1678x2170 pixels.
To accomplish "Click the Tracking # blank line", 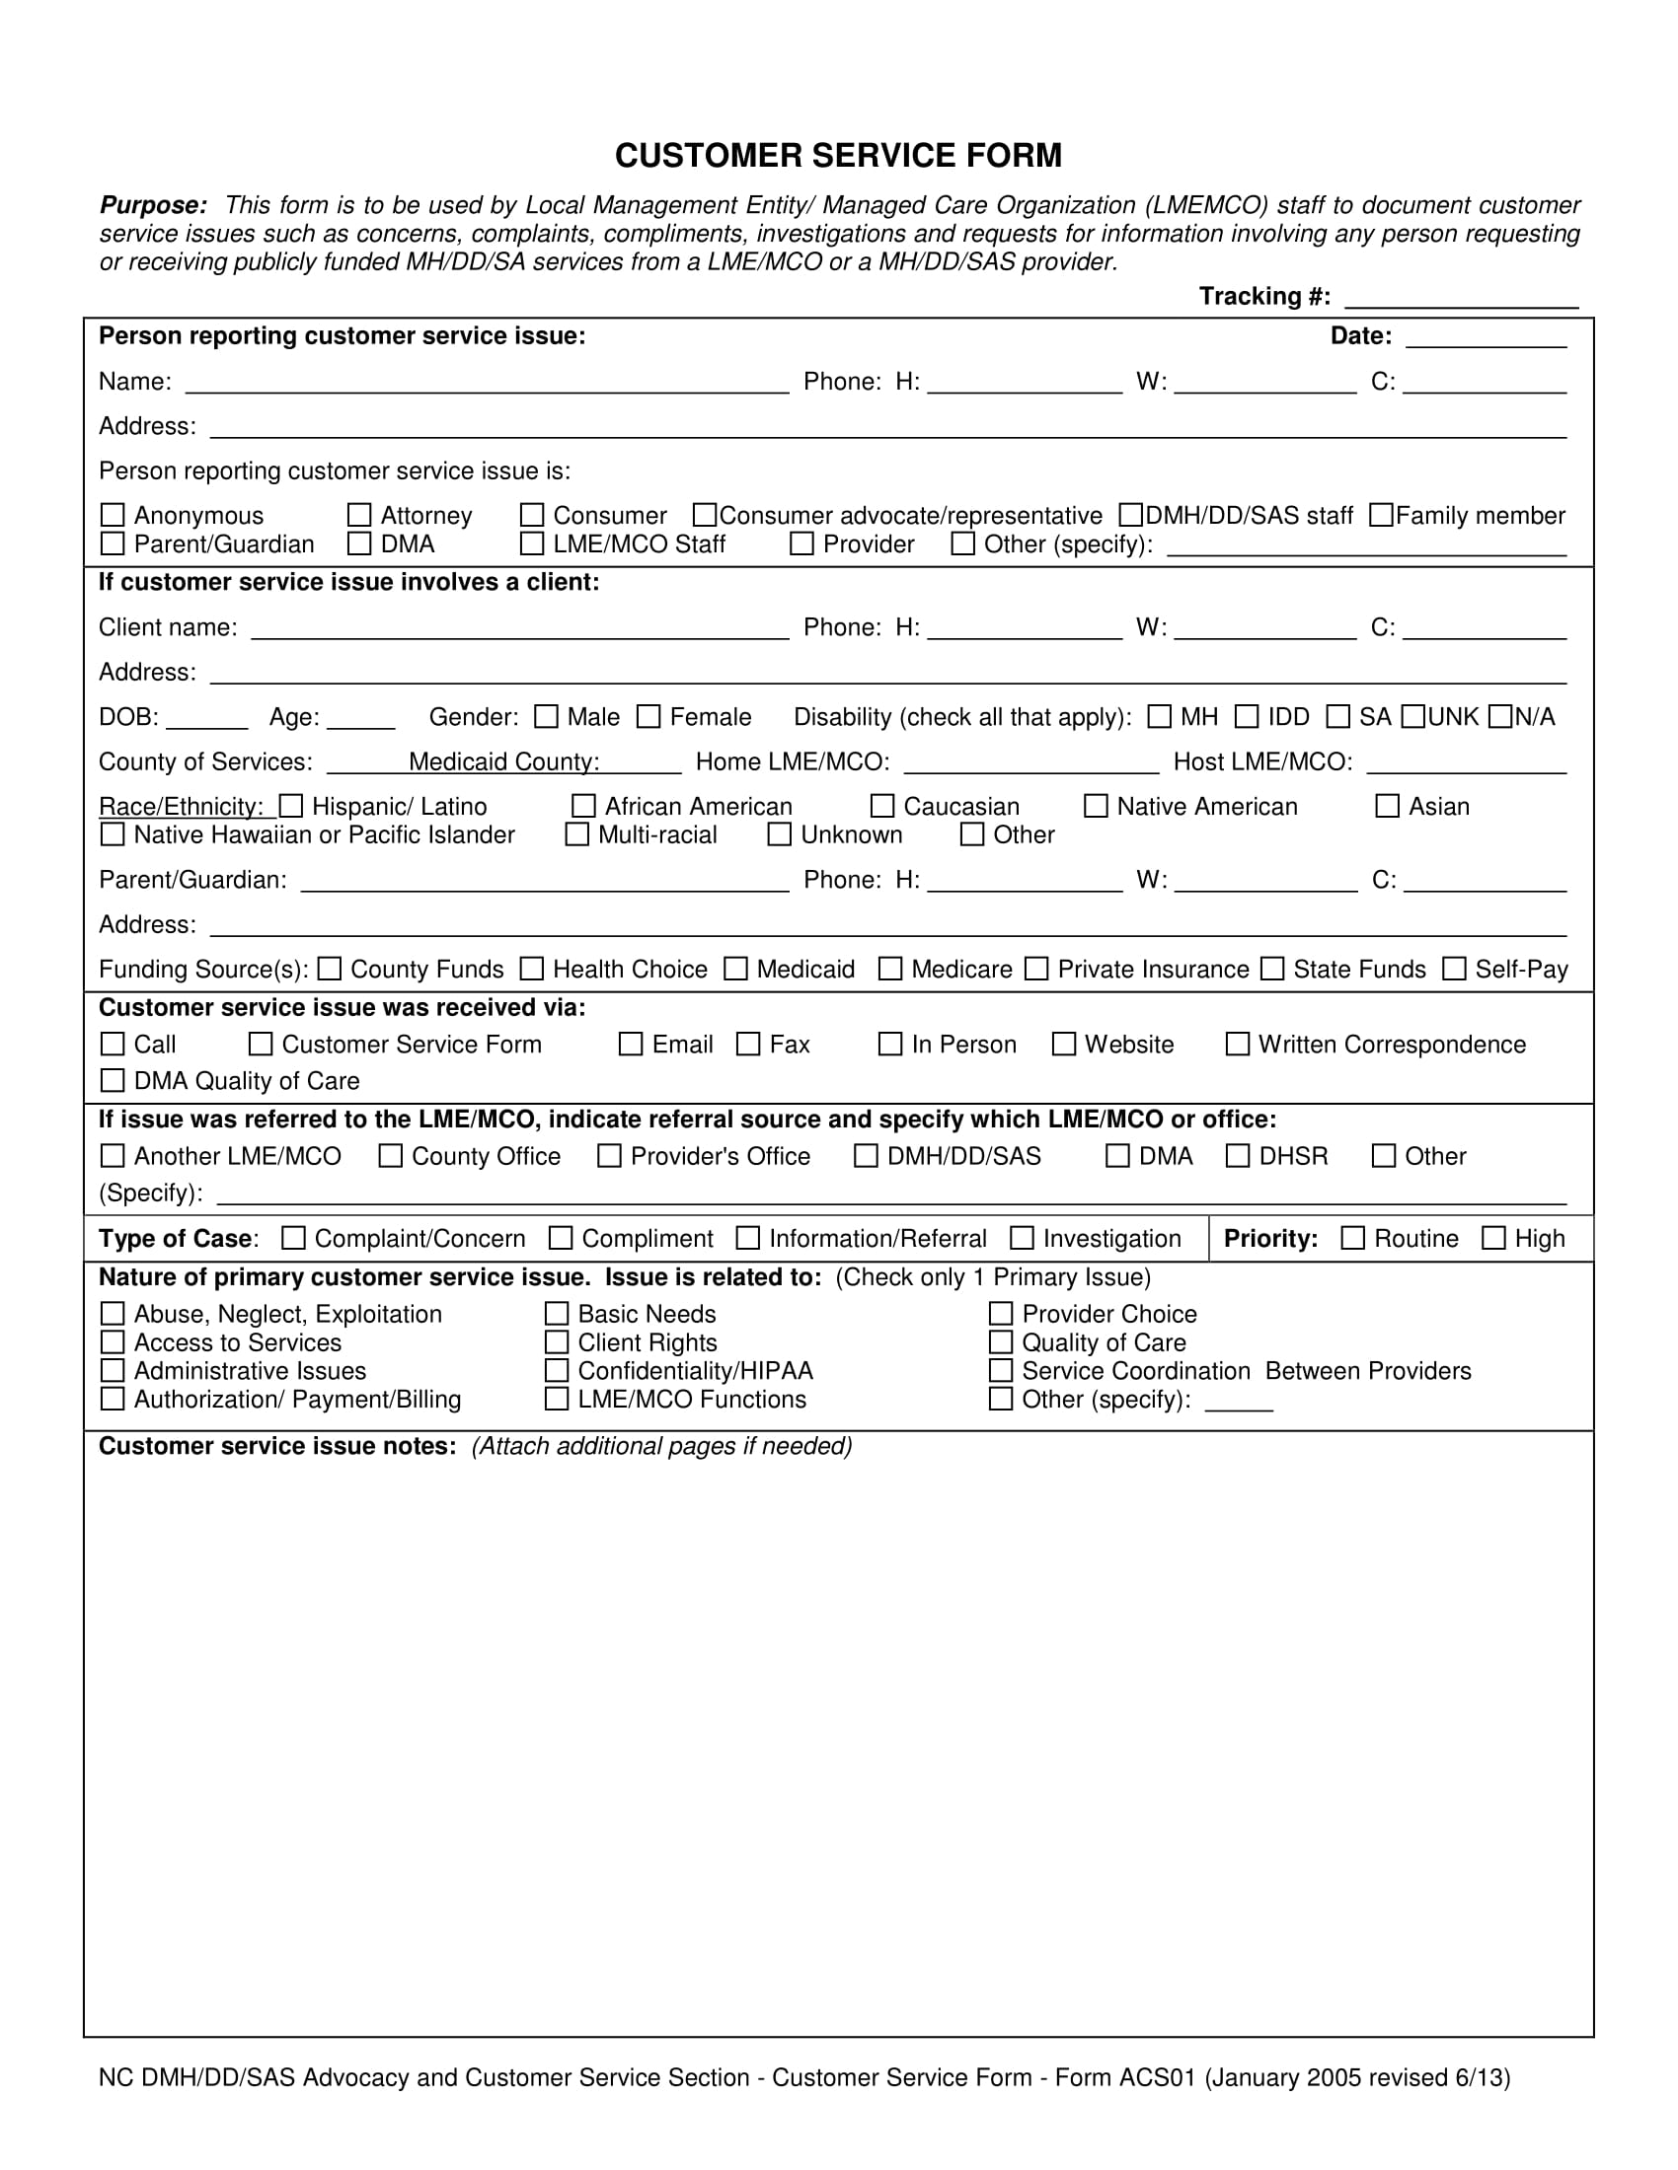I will [1461, 299].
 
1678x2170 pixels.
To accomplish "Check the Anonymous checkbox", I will [114, 515].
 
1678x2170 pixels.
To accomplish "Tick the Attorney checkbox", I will [359, 515].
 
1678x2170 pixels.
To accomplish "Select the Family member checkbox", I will [1381, 515].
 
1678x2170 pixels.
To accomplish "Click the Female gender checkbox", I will [648, 716].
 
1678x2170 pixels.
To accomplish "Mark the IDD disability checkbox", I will [1247, 716].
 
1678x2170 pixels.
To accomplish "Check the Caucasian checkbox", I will [881, 806].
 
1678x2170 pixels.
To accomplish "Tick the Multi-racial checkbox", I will [576, 834].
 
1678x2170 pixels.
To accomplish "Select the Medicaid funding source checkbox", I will [735, 969].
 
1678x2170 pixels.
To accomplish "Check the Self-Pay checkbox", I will [1454, 969].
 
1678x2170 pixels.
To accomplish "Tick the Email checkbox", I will [631, 1045].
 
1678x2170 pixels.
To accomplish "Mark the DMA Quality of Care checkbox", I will [114, 1080].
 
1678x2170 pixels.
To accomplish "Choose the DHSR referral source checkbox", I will [1238, 1156].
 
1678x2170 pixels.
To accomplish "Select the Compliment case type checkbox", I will [561, 1238].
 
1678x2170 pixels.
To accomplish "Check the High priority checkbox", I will [1493, 1238].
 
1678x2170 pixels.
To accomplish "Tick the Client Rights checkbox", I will [557, 1342].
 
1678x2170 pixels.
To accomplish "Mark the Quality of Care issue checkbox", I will [1001, 1342].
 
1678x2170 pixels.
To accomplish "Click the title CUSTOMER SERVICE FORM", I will [838, 156].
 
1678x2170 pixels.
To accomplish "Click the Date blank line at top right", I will [1487, 340].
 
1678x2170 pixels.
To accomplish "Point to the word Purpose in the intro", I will [153, 206].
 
